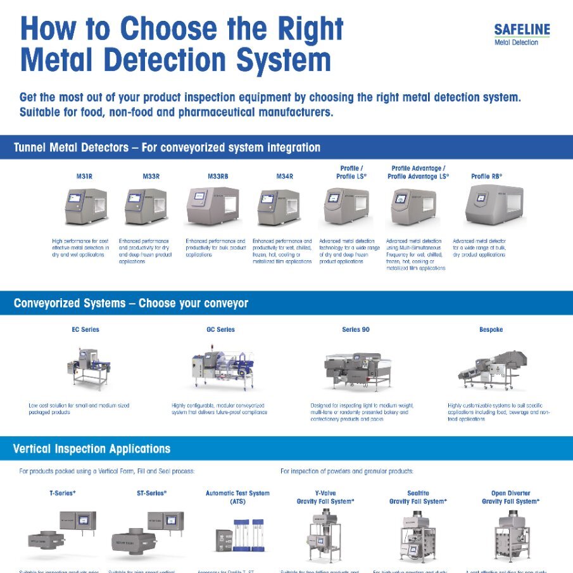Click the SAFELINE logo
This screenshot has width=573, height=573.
(x=522, y=34)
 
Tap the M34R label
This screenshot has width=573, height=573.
(x=284, y=177)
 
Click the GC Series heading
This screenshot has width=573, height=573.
(x=220, y=330)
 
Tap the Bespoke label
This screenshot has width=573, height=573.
(x=491, y=330)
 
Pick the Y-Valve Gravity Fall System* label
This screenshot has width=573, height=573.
(x=325, y=497)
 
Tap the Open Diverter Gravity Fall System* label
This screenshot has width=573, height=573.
(x=510, y=497)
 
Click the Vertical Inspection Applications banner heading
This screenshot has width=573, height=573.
(x=92, y=449)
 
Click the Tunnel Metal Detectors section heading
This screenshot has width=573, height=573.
(x=167, y=148)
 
